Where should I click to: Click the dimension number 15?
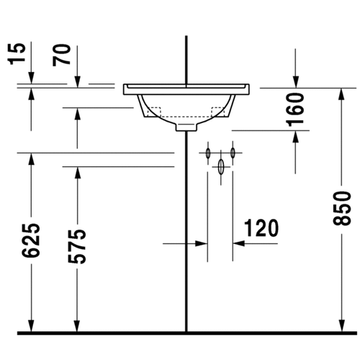click(19, 53)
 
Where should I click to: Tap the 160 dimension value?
click(297, 109)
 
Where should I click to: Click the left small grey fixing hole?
click(208, 153)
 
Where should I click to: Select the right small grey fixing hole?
click(233, 153)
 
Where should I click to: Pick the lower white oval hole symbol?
click(221, 166)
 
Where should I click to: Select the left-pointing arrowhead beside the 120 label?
click(239, 243)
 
